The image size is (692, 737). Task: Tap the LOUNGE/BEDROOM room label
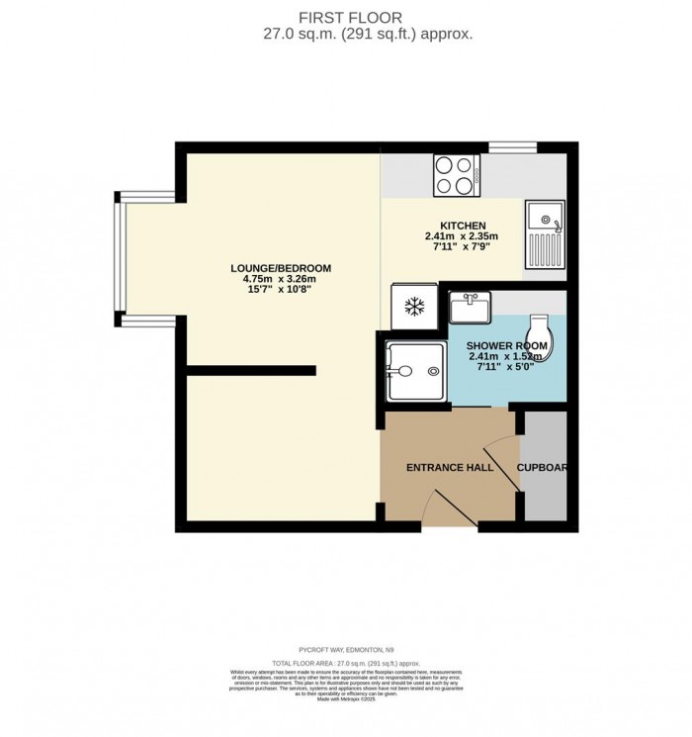click(281, 268)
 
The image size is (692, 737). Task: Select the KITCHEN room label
click(461, 225)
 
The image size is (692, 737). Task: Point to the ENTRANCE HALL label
click(450, 467)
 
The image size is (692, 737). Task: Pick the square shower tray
click(415, 370)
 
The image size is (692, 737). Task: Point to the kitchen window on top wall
click(513, 148)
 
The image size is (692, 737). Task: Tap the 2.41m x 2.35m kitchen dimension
click(461, 236)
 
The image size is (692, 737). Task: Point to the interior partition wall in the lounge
click(251, 370)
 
